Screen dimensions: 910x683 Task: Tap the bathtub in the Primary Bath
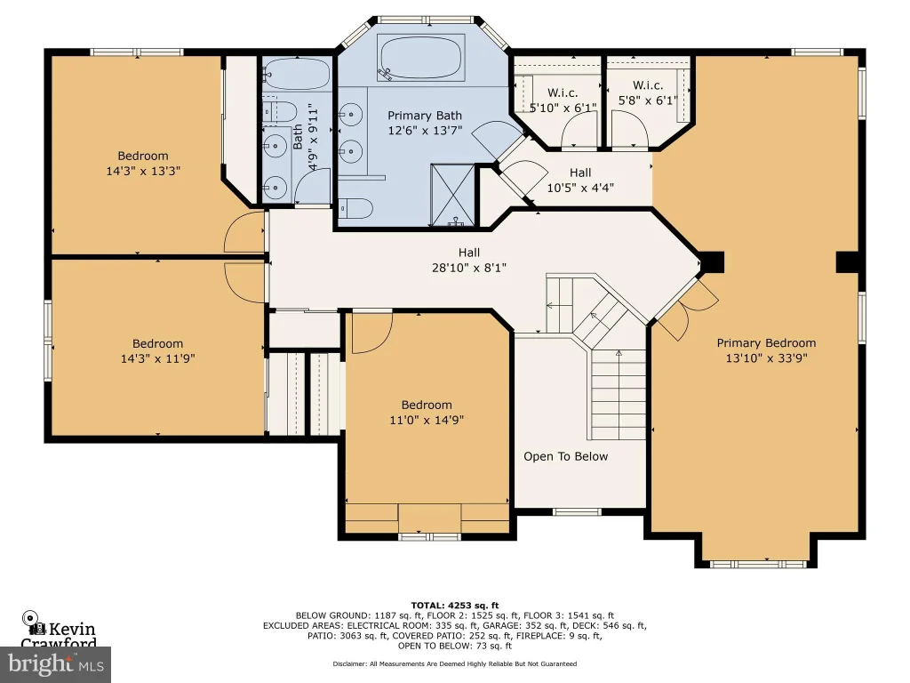[420, 58]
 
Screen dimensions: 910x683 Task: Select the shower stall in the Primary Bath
[452, 195]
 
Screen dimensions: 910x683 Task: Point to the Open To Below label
[566, 456]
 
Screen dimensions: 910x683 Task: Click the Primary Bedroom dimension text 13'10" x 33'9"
[766, 358]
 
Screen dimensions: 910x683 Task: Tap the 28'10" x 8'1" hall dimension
[469, 268]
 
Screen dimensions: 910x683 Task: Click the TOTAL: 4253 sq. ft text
[455, 605]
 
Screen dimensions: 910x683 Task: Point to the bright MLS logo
[56, 663]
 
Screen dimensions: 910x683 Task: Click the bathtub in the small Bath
[296, 74]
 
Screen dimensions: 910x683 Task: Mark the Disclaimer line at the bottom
[455, 663]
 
